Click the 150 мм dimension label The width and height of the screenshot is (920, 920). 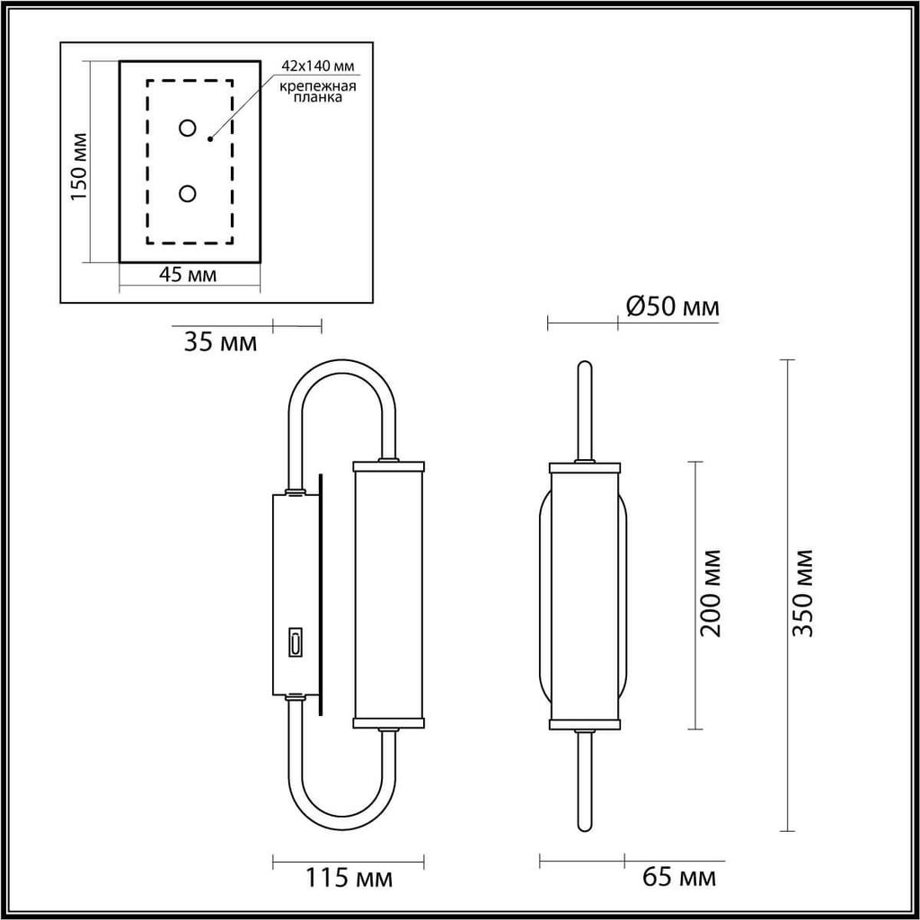79,166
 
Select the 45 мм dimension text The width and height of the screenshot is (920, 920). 188,275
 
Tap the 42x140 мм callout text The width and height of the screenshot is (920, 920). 317,66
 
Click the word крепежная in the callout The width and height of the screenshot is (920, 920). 317,87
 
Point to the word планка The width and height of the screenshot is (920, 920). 317,97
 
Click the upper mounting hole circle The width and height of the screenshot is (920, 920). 187,128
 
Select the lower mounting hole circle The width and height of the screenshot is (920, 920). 187,193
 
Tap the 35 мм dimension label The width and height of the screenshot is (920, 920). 220,342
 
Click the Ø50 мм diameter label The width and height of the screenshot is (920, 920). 672,306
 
